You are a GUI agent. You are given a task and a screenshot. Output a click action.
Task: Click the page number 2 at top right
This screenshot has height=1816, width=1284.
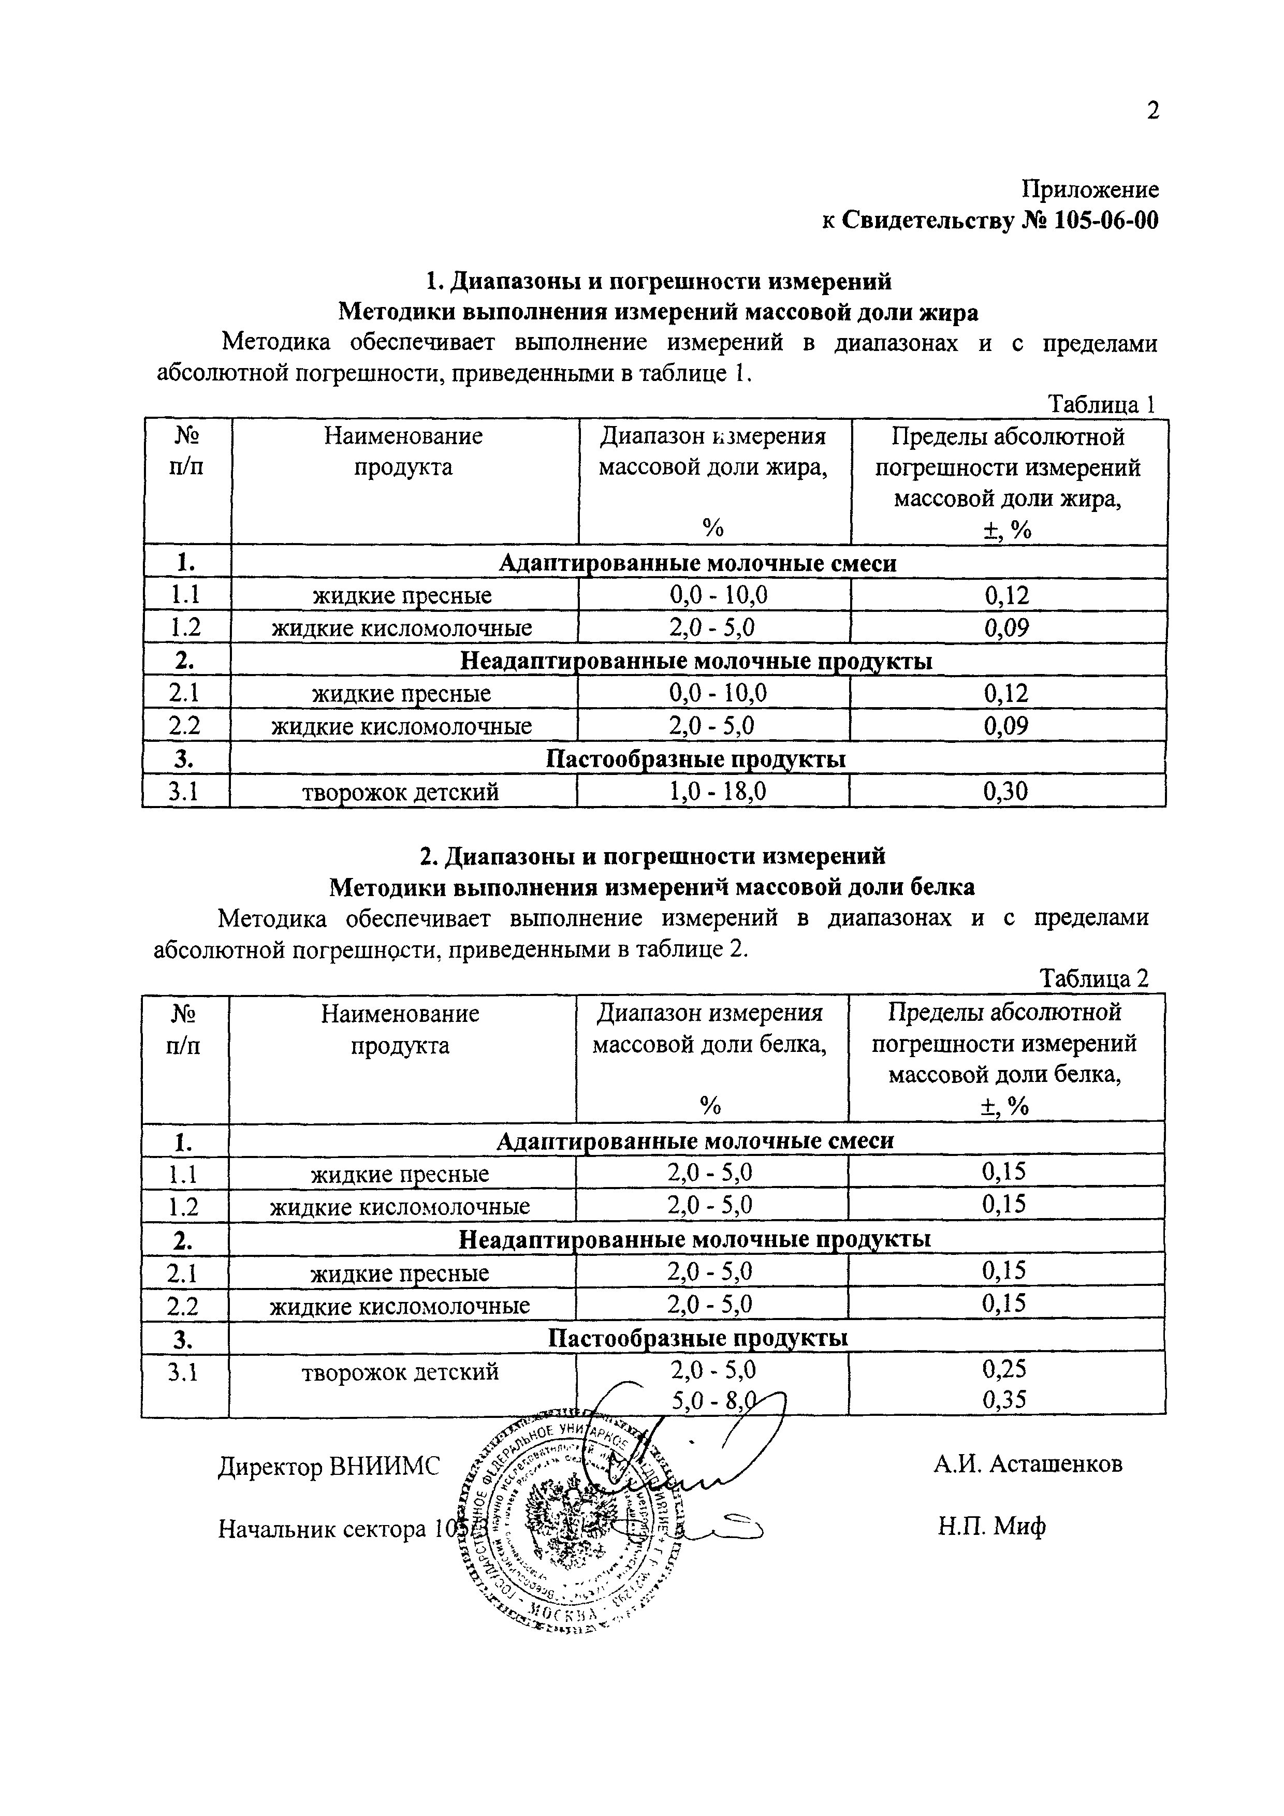click(x=1152, y=111)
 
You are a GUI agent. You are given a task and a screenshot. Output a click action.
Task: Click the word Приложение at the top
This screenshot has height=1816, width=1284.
click(x=1089, y=190)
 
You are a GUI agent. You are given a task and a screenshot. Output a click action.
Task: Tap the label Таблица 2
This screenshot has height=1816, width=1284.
click(x=1094, y=979)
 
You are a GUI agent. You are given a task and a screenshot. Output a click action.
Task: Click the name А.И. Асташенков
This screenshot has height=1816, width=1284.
click(x=1027, y=1464)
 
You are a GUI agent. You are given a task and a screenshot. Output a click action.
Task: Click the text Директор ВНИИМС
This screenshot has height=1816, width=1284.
click(x=328, y=1468)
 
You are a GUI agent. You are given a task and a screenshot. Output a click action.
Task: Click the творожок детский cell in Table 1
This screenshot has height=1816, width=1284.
click(x=401, y=792)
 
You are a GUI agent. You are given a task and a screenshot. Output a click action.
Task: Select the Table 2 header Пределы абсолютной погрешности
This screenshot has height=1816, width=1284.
click(x=1005, y=1028)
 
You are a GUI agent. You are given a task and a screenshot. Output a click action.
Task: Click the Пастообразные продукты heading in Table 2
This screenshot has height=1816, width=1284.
click(x=697, y=1336)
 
